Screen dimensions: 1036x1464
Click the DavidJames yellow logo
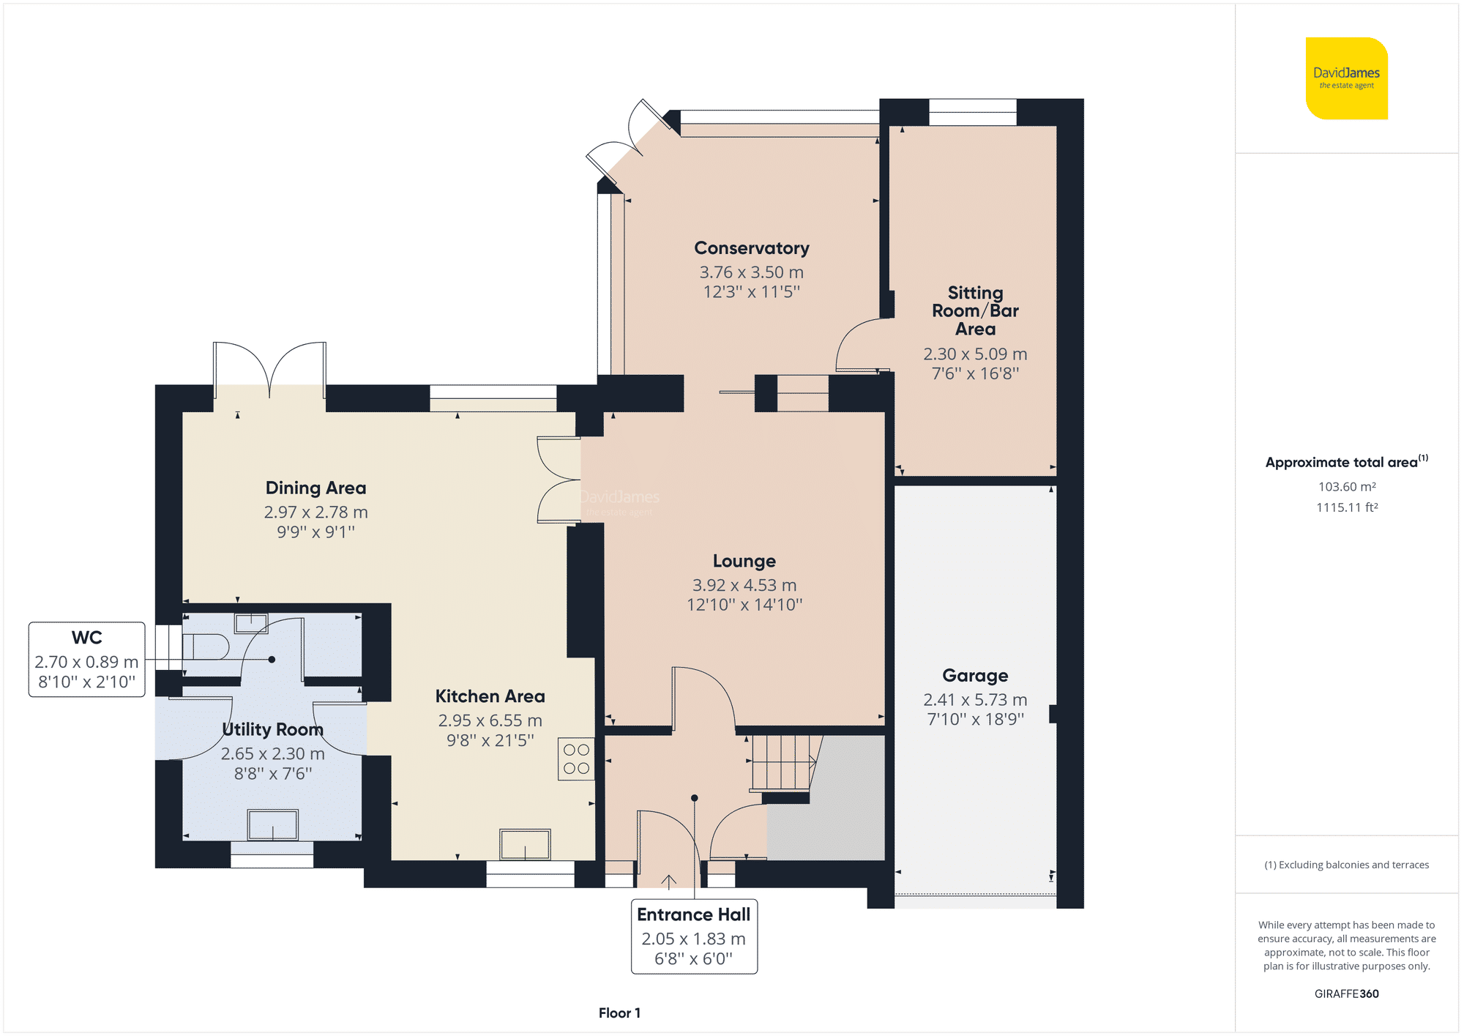coord(1346,78)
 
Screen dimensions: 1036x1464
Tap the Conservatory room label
coord(751,248)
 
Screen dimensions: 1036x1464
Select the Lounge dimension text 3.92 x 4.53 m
coord(744,585)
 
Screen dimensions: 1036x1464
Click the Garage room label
coord(975,675)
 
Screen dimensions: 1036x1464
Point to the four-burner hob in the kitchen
coord(576,759)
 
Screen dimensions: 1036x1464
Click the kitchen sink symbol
coord(525,844)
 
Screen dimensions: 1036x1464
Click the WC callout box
coord(86,659)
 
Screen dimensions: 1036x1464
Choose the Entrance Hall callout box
coord(694,936)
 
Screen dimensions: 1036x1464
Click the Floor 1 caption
coord(619,1013)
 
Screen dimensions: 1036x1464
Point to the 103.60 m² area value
coord(1347,486)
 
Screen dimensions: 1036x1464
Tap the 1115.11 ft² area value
coord(1347,507)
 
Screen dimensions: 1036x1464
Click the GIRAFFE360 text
coord(1346,994)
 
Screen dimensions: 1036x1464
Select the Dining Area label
coord(315,488)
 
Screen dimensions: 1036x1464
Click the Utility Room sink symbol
coord(272,825)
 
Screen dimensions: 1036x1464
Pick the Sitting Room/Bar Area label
coord(975,310)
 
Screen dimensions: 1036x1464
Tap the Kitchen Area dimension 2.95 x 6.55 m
coord(490,720)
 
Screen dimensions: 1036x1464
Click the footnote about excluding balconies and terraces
coord(1346,865)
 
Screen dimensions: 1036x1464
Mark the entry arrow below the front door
coord(668,881)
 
